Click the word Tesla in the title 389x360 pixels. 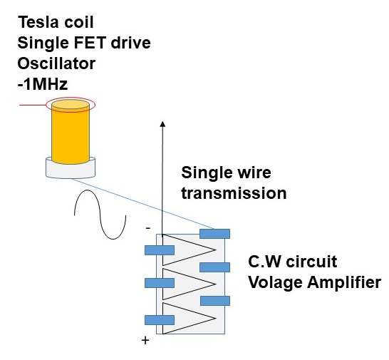pyautogui.click(x=38, y=22)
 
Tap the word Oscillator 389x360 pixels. pyautogui.click(x=56, y=63)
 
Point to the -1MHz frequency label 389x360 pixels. pyautogui.click(x=43, y=84)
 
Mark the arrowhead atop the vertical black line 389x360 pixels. pyautogui.click(x=162, y=124)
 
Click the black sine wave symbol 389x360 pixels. pyautogui.click(x=100, y=215)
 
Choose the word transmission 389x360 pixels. pyautogui.click(x=234, y=193)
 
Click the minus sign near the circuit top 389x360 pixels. pyautogui.click(x=148, y=227)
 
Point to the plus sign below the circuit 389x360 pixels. pyautogui.click(x=145, y=340)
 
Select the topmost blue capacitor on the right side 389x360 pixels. pyautogui.click(x=215, y=234)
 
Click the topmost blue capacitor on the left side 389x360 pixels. pyautogui.click(x=160, y=250)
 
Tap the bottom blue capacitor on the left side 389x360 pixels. pyautogui.click(x=160, y=320)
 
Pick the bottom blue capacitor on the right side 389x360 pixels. pyautogui.click(x=215, y=301)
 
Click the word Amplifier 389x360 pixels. pyautogui.click(x=344, y=282)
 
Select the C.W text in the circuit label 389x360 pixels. pyautogui.click(x=265, y=262)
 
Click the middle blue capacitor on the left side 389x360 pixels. pyautogui.click(x=160, y=283)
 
